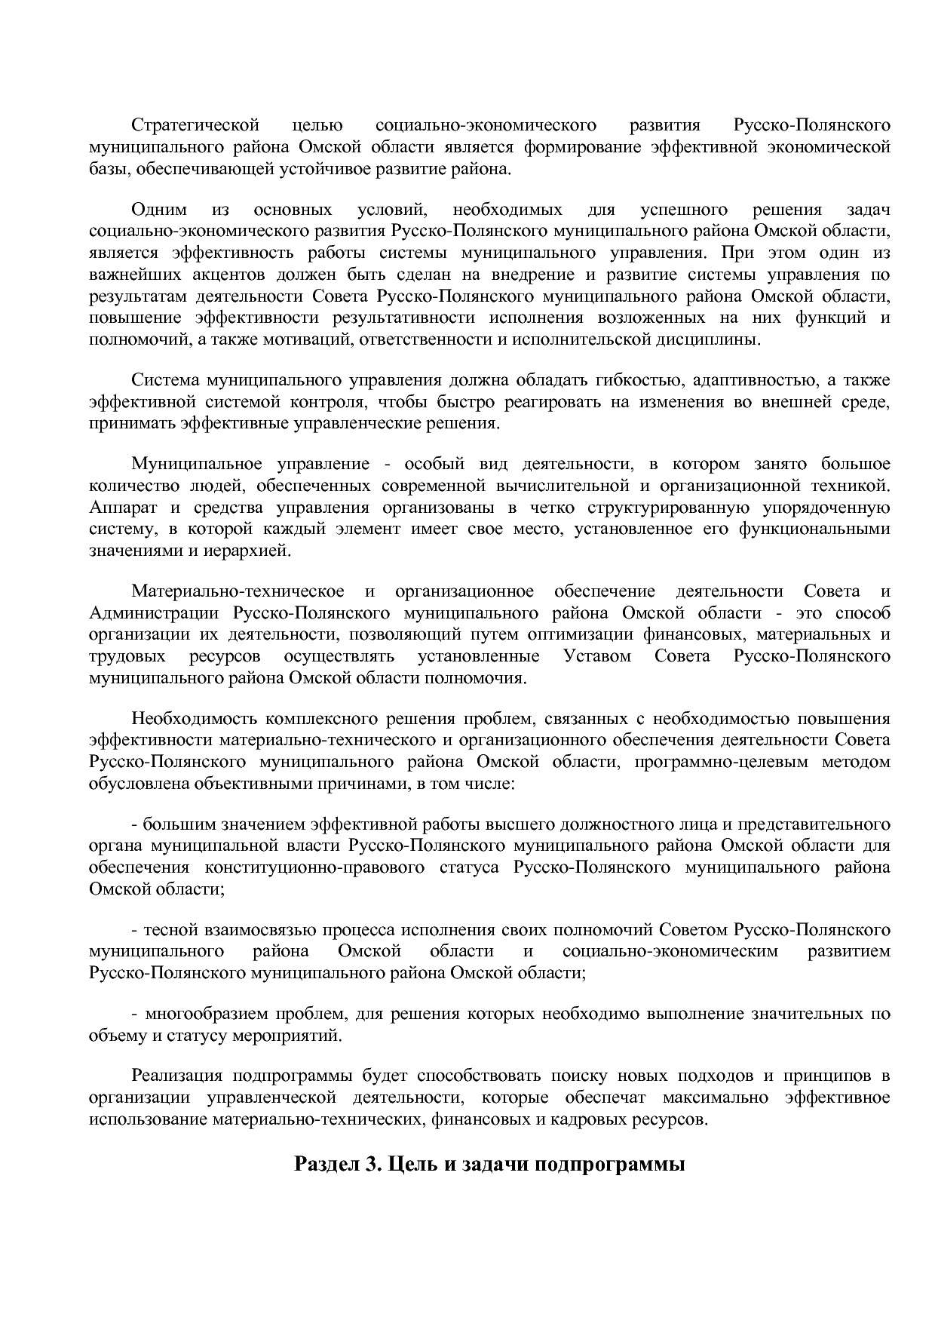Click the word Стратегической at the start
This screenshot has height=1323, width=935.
coord(195,124)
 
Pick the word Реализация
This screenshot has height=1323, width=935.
coord(176,1075)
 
